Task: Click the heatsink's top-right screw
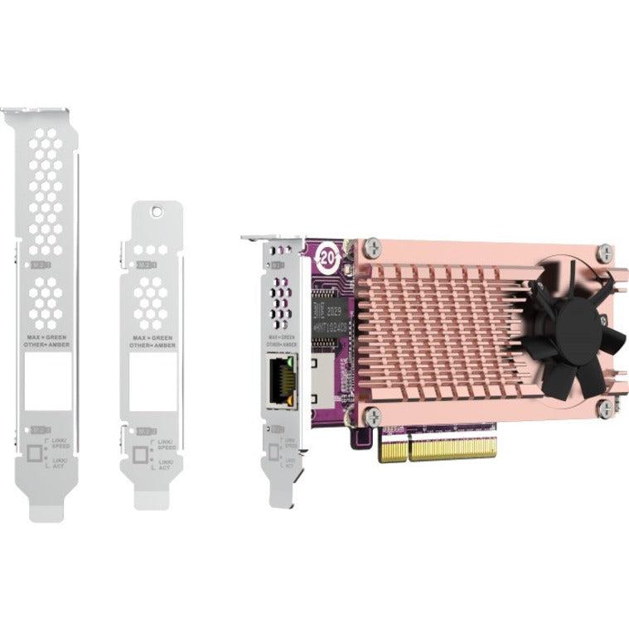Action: [x=605, y=249]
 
